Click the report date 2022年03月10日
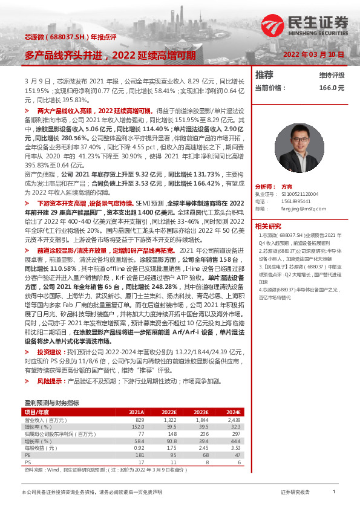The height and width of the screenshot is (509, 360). pyautogui.click(x=314, y=54)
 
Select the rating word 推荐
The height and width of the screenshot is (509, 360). pyautogui.click(x=264, y=75)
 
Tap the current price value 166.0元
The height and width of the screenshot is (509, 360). pyautogui.click(x=332, y=88)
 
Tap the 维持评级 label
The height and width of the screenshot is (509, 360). pyautogui.click(x=332, y=76)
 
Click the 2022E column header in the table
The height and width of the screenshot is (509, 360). pyautogui.click(x=169, y=412)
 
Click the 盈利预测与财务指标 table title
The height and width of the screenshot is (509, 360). pyautogui.click(x=51, y=402)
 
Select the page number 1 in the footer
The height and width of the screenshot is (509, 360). pyautogui.click(x=333, y=493)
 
